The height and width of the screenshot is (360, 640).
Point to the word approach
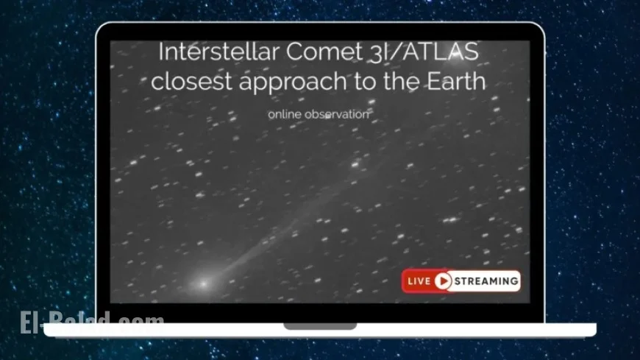[301, 82]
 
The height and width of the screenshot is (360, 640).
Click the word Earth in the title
[455, 80]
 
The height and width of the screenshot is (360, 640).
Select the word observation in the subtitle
[333, 114]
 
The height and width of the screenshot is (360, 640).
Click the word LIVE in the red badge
[420, 280]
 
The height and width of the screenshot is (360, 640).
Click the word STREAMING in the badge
[486, 280]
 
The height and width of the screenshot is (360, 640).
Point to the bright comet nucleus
[202, 283]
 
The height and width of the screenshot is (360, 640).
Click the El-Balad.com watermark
[92, 322]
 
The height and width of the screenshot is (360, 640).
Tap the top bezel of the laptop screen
[320, 32]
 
